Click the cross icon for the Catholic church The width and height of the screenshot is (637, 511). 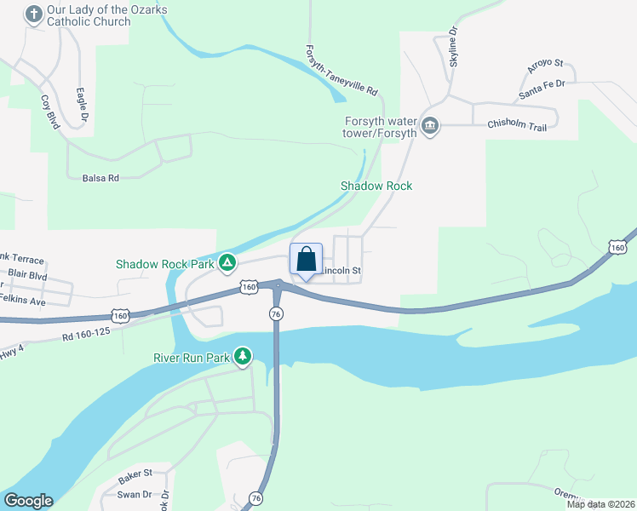click(34, 14)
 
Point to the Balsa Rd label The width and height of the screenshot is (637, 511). click(100, 178)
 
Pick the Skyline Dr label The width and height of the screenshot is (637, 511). click(454, 46)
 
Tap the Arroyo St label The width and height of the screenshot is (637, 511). click(545, 64)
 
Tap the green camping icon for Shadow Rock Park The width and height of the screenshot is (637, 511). click(227, 263)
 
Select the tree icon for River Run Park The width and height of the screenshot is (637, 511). click(244, 356)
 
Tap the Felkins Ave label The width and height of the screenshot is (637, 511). click(28, 301)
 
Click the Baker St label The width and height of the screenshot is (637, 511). click(135, 473)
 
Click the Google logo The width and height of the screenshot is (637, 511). click(28, 501)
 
